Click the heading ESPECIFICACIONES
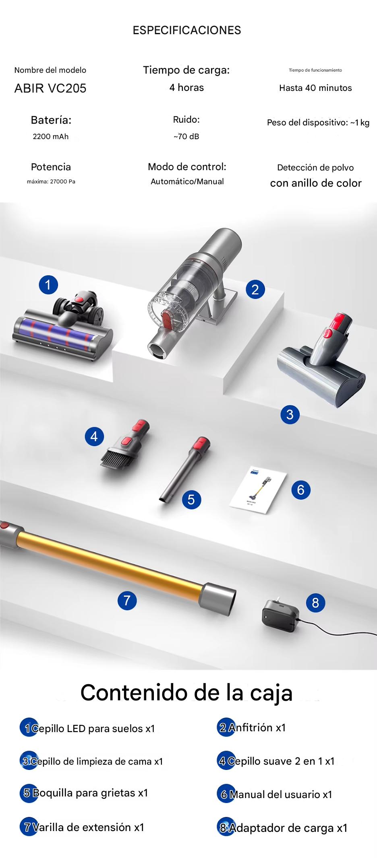(x=187, y=30)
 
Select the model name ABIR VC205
(x=50, y=88)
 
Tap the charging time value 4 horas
(x=186, y=88)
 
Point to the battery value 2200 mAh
(x=51, y=136)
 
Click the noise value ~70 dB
(x=186, y=136)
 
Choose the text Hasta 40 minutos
(x=315, y=88)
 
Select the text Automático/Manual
(x=187, y=181)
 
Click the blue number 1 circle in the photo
(x=48, y=285)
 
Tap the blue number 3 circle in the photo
(x=290, y=414)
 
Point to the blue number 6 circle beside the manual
(x=301, y=490)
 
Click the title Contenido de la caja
(x=186, y=693)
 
